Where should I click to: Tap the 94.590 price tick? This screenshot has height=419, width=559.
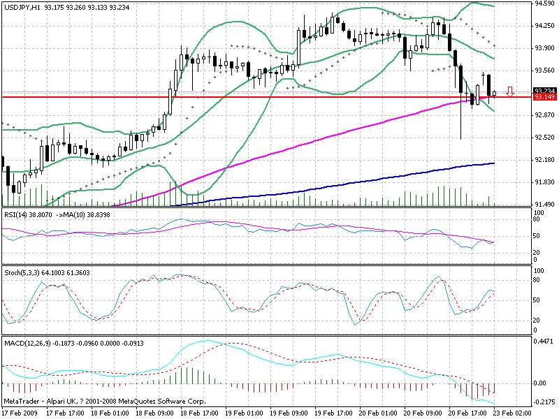point(545,3)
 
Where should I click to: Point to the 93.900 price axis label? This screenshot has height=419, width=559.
point(545,48)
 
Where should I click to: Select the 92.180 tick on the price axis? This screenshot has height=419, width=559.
point(545,160)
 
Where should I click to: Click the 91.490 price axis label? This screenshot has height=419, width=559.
point(545,205)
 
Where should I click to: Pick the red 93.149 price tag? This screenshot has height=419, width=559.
point(544,97)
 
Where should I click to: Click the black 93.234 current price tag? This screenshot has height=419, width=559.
point(544,91)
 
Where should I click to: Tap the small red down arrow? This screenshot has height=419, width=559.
point(511,91)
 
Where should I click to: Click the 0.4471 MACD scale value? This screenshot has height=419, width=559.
point(543,343)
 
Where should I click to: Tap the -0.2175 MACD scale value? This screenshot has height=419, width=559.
point(543,404)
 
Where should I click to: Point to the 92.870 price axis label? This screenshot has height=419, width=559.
point(545,115)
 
